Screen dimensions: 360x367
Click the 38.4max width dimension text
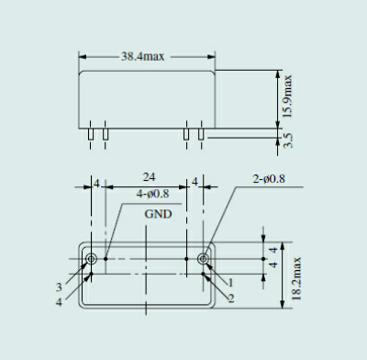pyautogui.click(x=146, y=56)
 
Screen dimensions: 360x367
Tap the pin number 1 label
pyautogui.click(x=231, y=283)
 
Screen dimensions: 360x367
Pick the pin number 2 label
pyautogui.click(x=231, y=298)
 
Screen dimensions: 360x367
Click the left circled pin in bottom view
pyautogui.click(x=92, y=260)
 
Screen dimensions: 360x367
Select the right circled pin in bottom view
pyautogui.click(x=204, y=260)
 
